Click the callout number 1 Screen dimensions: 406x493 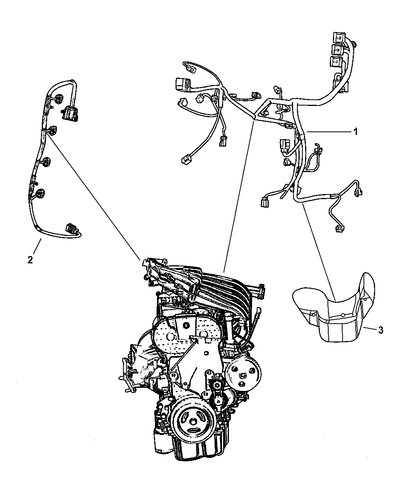pyautogui.click(x=355, y=132)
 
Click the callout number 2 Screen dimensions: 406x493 pyautogui.click(x=30, y=260)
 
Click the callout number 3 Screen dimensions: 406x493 pyautogui.click(x=380, y=330)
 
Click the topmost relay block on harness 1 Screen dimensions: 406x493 pyautogui.click(x=339, y=38)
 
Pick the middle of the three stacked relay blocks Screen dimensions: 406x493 pyautogui.click(x=338, y=50)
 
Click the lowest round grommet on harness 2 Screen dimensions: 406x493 pyautogui.click(x=41, y=194)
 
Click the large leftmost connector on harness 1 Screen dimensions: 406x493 pyautogui.click(x=183, y=84)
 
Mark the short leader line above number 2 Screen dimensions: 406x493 pyautogui.click(x=37, y=246)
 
